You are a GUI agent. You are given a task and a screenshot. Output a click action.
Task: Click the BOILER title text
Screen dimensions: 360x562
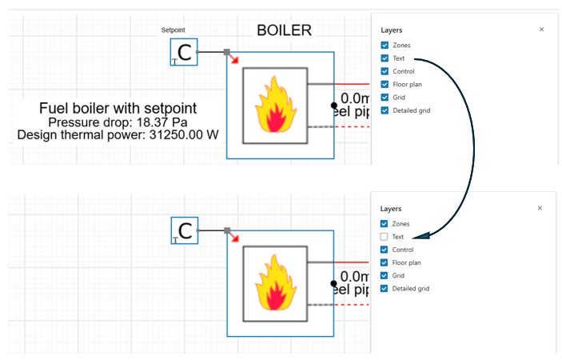[x=284, y=30]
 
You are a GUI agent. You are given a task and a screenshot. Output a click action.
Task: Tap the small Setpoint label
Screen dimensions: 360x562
[x=173, y=30]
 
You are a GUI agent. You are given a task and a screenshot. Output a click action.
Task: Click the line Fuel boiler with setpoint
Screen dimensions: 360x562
[x=118, y=108]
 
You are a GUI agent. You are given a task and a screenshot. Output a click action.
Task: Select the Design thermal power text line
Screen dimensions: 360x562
[x=117, y=135]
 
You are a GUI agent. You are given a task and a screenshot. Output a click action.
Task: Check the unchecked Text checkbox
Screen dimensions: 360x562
[x=385, y=237]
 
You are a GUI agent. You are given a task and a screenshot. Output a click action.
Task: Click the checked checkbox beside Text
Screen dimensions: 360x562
[x=385, y=58]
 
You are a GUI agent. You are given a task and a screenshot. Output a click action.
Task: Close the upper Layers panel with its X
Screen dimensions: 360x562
[x=541, y=30]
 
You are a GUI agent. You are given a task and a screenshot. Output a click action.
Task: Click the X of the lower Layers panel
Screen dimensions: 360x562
[x=540, y=208]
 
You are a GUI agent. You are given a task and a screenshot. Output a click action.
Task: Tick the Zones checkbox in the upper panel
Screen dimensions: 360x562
[x=385, y=46]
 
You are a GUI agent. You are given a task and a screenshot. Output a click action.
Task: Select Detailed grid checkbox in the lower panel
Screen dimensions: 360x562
[x=385, y=288]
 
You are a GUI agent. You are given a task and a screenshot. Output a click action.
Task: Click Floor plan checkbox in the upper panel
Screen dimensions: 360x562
[x=385, y=84]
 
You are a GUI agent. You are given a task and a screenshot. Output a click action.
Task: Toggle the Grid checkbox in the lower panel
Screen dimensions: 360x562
[x=385, y=275]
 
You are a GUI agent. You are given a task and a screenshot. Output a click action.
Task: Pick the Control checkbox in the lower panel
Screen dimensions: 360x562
[x=385, y=250]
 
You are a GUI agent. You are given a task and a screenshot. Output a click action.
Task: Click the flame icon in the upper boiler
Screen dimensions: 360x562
[x=274, y=105]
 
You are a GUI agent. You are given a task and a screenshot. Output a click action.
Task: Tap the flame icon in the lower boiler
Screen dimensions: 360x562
[x=274, y=283]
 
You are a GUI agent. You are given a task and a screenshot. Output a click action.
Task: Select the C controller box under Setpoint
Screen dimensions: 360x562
[x=184, y=53]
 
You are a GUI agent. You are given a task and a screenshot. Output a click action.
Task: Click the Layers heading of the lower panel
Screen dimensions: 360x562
[x=391, y=208]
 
